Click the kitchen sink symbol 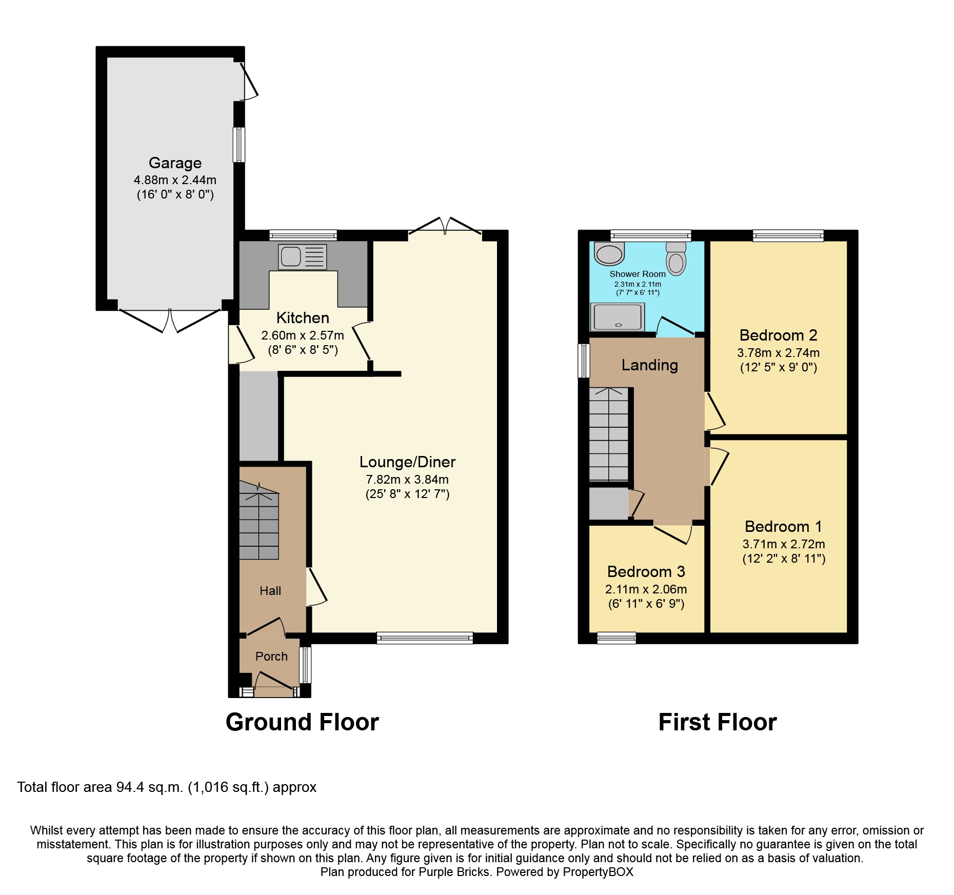302,256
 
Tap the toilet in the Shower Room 676,259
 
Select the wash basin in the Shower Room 609,253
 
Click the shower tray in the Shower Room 618,317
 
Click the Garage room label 175,163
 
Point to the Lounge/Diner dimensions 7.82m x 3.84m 407,480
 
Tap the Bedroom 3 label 646,571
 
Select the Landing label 649,365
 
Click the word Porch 271,656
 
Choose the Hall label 270,591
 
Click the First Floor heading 717,722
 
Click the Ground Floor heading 302,722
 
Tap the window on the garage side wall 239,145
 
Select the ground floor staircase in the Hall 259,523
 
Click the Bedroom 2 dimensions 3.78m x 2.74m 778,353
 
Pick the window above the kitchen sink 303,235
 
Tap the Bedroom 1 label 783,526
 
